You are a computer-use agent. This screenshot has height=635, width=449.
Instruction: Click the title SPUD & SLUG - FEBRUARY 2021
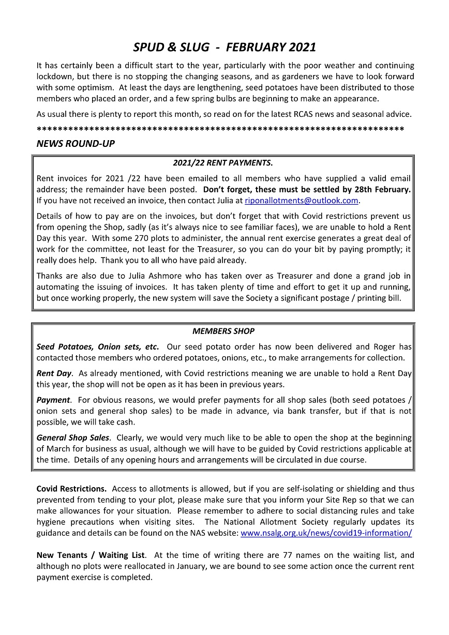click(x=224, y=48)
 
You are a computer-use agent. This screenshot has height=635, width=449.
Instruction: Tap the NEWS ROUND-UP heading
click(x=76, y=144)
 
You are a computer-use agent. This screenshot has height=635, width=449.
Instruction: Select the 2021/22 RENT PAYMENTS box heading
click(x=223, y=163)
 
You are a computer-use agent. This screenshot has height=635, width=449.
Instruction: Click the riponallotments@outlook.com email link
click(x=302, y=200)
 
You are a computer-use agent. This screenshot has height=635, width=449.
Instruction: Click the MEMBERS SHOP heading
click(x=223, y=331)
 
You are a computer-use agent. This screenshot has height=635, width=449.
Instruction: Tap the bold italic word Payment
click(x=53, y=400)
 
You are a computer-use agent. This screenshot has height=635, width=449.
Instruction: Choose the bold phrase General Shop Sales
click(x=73, y=437)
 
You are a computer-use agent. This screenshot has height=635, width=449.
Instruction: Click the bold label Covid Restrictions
click(x=71, y=489)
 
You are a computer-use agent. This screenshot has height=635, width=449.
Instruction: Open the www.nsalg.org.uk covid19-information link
click(x=326, y=533)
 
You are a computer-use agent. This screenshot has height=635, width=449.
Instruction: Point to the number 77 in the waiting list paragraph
click(x=288, y=555)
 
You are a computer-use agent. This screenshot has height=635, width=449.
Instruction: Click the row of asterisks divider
click(x=220, y=128)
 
